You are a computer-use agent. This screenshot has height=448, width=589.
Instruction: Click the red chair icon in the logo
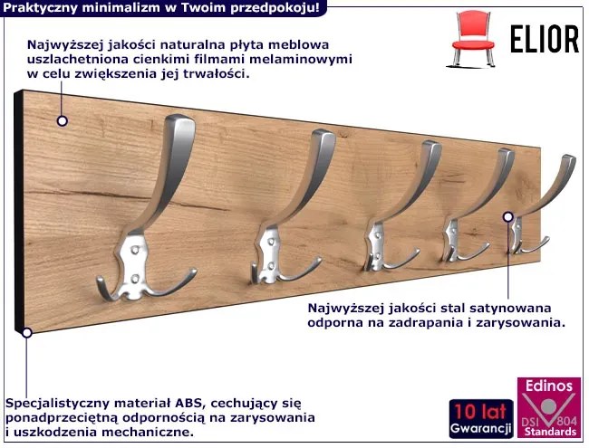point(473,39)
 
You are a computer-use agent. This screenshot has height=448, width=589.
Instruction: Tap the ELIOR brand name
point(545,39)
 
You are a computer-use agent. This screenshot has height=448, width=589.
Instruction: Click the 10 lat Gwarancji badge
point(481,419)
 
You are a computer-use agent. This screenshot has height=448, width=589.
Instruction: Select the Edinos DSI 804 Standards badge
point(549,407)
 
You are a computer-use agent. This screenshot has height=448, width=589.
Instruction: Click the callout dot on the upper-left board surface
point(63,120)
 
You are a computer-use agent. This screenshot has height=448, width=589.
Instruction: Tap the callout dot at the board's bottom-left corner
point(26,332)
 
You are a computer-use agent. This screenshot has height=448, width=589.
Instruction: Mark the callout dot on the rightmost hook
point(507,216)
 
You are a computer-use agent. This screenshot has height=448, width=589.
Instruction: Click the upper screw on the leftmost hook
point(134,249)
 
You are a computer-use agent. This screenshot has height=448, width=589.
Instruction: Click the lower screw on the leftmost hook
point(135,279)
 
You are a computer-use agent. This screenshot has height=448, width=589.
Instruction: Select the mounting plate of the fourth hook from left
point(451,239)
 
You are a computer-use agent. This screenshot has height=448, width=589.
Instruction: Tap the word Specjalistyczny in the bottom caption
point(57,404)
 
